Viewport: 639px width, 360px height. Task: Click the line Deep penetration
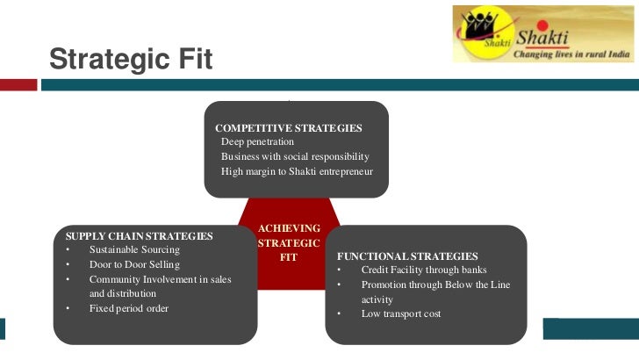click(x=257, y=142)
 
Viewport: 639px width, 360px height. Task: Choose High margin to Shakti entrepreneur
click(x=297, y=171)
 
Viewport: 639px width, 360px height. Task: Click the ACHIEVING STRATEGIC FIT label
click(x=289, y=242)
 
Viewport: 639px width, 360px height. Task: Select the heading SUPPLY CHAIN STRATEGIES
click(x=139, y=236)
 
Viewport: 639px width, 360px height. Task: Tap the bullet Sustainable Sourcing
click(x=134, y=250)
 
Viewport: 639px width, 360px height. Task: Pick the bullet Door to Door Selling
click(x=134, y=264)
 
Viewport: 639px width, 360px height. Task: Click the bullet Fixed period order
click(x=128, y=308)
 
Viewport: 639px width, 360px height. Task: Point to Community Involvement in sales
click(x=160, y=279)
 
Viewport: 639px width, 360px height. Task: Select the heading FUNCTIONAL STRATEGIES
click(x=407, y=256)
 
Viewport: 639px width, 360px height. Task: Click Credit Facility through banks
click(x=424, y=270)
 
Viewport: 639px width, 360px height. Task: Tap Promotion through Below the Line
click(x=435, y=284)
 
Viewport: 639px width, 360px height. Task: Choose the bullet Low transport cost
click(x=400, y=313)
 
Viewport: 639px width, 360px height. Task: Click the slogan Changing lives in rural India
click(x=571, y=53)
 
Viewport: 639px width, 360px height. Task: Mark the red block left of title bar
click(x=18, y=85)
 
